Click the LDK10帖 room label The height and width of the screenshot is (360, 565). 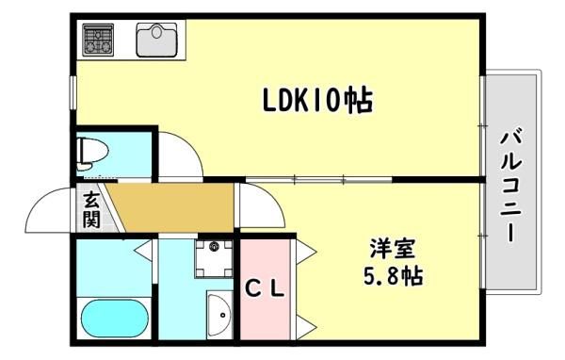317,100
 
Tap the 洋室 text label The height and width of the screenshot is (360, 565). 393,249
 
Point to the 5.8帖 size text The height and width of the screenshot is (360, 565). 393,276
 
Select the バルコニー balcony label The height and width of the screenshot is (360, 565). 511,187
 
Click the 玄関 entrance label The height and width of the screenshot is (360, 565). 91,209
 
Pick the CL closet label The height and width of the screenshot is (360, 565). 266,288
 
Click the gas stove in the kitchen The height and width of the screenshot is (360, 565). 98,40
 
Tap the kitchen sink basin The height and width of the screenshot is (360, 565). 156,40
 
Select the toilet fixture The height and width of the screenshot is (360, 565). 92,154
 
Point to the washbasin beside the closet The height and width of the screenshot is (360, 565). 219,316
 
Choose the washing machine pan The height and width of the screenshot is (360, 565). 214,258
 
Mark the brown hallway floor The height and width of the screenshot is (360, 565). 172,207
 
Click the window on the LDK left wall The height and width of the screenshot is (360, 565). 73,92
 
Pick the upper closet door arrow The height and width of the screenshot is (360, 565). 306,251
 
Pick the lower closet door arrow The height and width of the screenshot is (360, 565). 306,327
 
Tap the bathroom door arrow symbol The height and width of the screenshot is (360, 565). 143,249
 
